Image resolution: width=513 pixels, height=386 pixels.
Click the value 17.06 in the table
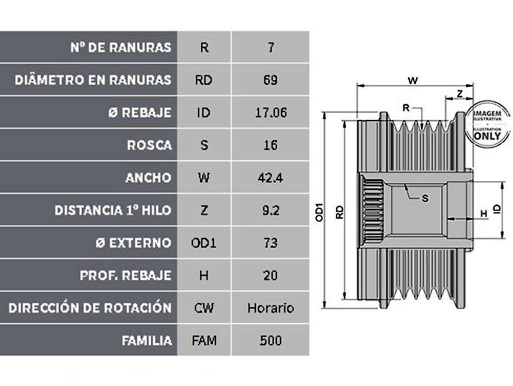click(x=271, y=113)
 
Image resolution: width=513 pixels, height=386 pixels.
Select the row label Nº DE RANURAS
click(x=121, y=48)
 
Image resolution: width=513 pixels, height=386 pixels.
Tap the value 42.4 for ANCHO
click(x=270, y=178)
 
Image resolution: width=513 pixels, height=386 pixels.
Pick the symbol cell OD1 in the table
click(x=203, y=243)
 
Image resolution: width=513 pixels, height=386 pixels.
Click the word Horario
click(x=271, y=308)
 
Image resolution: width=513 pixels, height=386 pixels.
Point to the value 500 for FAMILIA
click(x=271, y=340)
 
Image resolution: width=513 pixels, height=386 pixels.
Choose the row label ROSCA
click(x=149, y=145)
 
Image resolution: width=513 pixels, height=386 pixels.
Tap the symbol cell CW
click(x=203, y=308)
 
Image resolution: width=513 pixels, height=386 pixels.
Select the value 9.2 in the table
click(x=271, y=210)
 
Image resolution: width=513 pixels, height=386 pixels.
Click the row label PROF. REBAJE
click(x=126, y=275)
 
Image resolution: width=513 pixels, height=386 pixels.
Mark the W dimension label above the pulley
click(x=413, y=80)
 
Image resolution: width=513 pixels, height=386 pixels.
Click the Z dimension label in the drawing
click(x=460, y=94)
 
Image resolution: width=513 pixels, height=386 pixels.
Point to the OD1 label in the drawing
click(x=319, y=213)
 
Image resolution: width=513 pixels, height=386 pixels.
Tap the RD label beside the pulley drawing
click(x=340, y=212)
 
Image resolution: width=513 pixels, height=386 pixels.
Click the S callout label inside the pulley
click(x=425, y=199)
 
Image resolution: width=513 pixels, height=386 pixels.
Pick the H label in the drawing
click(x=483, y=214)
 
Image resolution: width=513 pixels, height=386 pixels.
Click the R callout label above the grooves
click(x=406, y=108)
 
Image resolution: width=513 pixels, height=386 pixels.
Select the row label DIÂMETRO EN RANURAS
click(x=93, y=80)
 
